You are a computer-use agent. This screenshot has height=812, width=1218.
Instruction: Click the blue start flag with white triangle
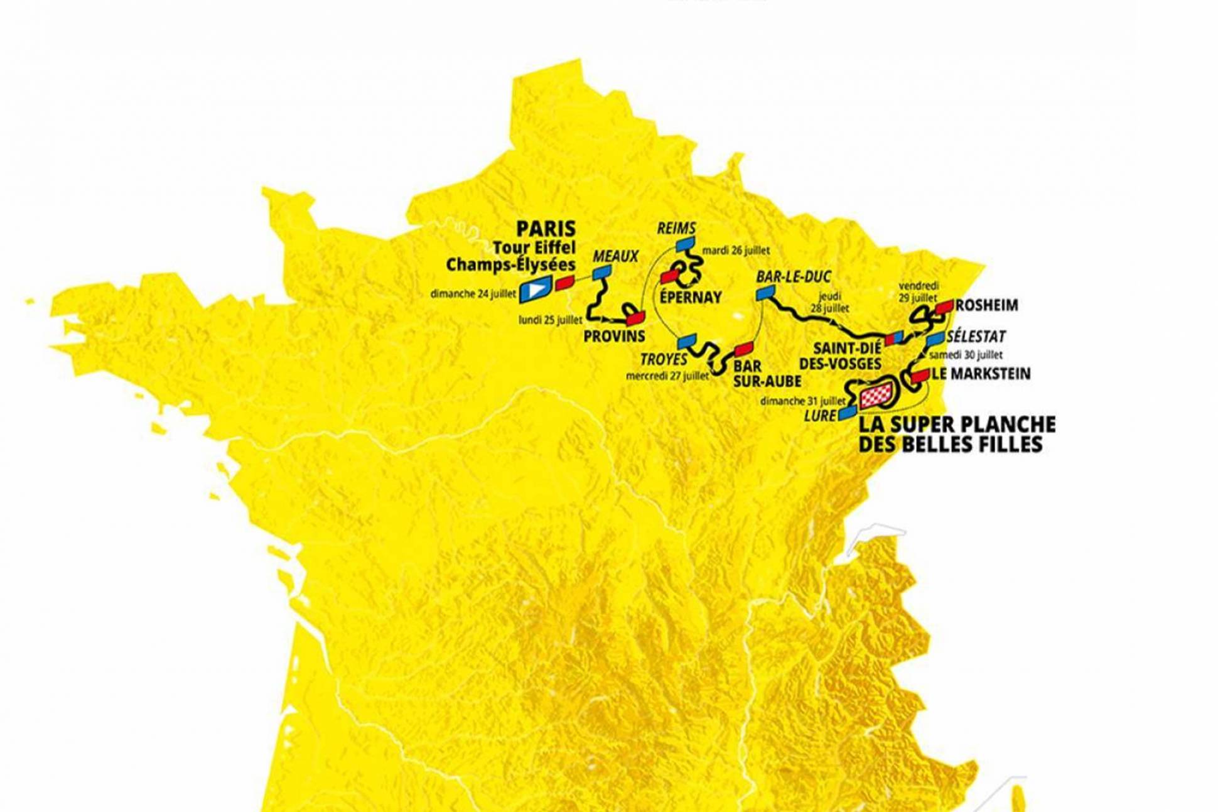pyautogui.click(x=535, y=289)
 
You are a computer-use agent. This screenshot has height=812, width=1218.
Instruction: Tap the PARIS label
pyautogui.click(x=546, y=228)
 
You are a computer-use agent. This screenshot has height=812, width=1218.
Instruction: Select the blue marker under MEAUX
pyautogui.click(x=602, y=272)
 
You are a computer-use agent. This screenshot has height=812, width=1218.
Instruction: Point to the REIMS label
pyautogui.click(x=676, y=228)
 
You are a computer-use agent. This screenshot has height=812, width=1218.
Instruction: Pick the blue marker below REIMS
pyautogui.click(x=685, y=243)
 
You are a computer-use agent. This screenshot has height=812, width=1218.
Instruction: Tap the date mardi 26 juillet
pyautogui.click(x=736, y=250)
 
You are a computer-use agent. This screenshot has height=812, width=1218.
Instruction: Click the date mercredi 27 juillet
pyautogui.click(x=667, y=376)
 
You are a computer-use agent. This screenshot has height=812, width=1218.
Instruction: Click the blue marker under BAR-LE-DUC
pyautogui.click(x=765, y=292)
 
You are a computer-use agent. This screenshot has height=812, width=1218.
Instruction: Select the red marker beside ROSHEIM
pyautogui.click(x=944, y=306)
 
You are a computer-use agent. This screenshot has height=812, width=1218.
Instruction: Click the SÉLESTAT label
pyautogui.click(x=976, y=336)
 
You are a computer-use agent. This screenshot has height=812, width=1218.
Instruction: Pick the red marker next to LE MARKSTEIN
pyautogui.click(x=920, y=375)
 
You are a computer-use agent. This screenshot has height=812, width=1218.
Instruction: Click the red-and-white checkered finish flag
pyautogui.click(x=876, y=394)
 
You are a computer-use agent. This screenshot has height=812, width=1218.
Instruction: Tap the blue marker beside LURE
pyautogui.click(x=848, y=412)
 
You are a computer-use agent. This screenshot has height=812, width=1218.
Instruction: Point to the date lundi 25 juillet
pyautogui.click(x=550, y=320)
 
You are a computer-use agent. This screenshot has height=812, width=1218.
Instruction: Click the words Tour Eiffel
pyautogui.click(x=534, y=247)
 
